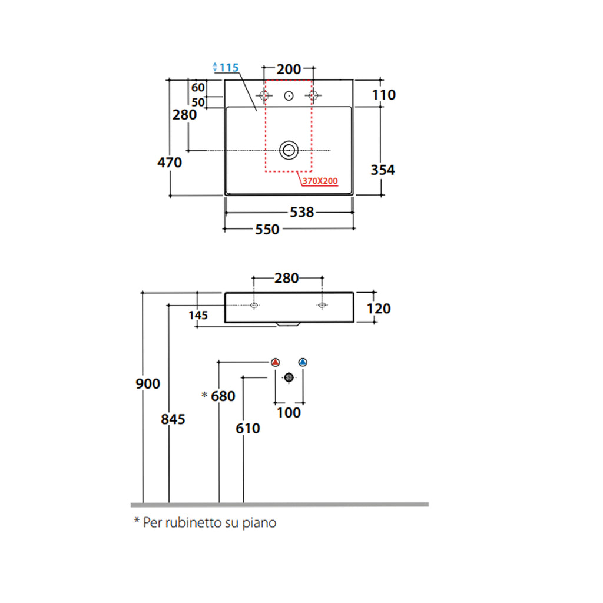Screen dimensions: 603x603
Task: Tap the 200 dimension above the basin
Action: click(x=289, y=69)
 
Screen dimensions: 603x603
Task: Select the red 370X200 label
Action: click(x=320, y=181)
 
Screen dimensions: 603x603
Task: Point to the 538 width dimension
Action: click(x=302, y=212)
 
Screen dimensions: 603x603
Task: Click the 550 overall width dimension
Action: click(x=267, y=230)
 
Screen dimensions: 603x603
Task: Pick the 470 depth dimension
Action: click(x=170, y=162)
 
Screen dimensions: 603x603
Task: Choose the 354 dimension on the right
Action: click(x=383, y=170)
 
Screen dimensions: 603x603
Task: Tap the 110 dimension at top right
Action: click(x=384, y=94)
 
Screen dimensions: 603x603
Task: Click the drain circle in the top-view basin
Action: click(x=289, y=150)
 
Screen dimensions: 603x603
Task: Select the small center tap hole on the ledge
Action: click(x=289, y=95)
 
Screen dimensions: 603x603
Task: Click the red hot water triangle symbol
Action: click(x=276, y=362)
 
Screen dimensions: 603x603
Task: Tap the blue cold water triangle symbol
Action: click(x=303, y=362)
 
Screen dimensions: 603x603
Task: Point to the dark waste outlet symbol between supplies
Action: click(x=289, y=377)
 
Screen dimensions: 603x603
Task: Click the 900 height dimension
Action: click(x=148, y=384)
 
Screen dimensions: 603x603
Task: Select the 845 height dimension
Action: click(x=174, y=419)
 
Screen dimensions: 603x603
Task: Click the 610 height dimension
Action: click(x=248, y=429)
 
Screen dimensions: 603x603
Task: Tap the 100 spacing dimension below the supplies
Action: click(x=289, y=413)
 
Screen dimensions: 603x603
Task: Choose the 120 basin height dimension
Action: click(x=378, y=309)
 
